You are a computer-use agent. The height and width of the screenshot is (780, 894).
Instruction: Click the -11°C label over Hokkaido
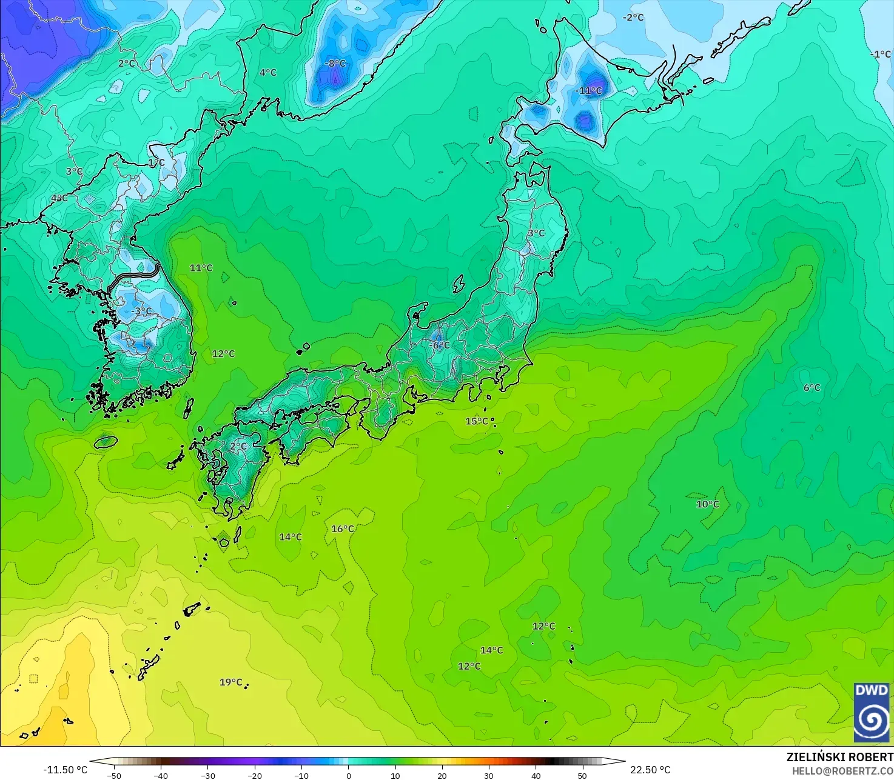click(x=588, y=91)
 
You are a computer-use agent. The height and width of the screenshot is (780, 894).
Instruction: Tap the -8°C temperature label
click(x=335, y=64)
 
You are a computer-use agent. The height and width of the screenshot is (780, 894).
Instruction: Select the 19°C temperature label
click(x=230, y=682)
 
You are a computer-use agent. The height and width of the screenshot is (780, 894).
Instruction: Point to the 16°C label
click(x=343, y=529)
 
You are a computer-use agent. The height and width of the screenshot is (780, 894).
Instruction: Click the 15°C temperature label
click(x=476, y=421)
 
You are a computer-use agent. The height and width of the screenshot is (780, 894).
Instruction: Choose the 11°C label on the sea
click(x=201, y=268)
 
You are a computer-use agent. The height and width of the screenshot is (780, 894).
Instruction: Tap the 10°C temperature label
click(x=707, y=504)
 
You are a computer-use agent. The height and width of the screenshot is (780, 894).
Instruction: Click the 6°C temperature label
click(x=812, y=388)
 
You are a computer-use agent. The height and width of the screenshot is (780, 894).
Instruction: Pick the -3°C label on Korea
click(x=142, y=312)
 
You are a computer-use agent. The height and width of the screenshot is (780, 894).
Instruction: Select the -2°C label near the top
click(x=633, y=18)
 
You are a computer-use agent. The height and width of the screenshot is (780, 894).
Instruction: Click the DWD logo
click(x=872, y=712)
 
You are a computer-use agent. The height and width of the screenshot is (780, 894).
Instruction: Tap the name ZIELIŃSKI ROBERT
click(x=839, y=757)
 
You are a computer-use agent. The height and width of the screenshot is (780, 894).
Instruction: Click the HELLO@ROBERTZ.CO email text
click(x=842, y=770)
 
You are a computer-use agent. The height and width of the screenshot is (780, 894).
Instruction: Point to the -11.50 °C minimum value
click(x=65, y=770)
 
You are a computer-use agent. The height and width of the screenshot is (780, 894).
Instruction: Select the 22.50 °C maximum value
click(x=650, y=770)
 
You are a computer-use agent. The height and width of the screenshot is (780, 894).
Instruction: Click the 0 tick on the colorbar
click(x=348, y=775)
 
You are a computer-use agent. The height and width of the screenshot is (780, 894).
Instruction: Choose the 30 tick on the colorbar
click(x=489, y=775)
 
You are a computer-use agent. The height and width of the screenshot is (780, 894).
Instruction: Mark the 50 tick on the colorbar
click(x=582, y=775)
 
